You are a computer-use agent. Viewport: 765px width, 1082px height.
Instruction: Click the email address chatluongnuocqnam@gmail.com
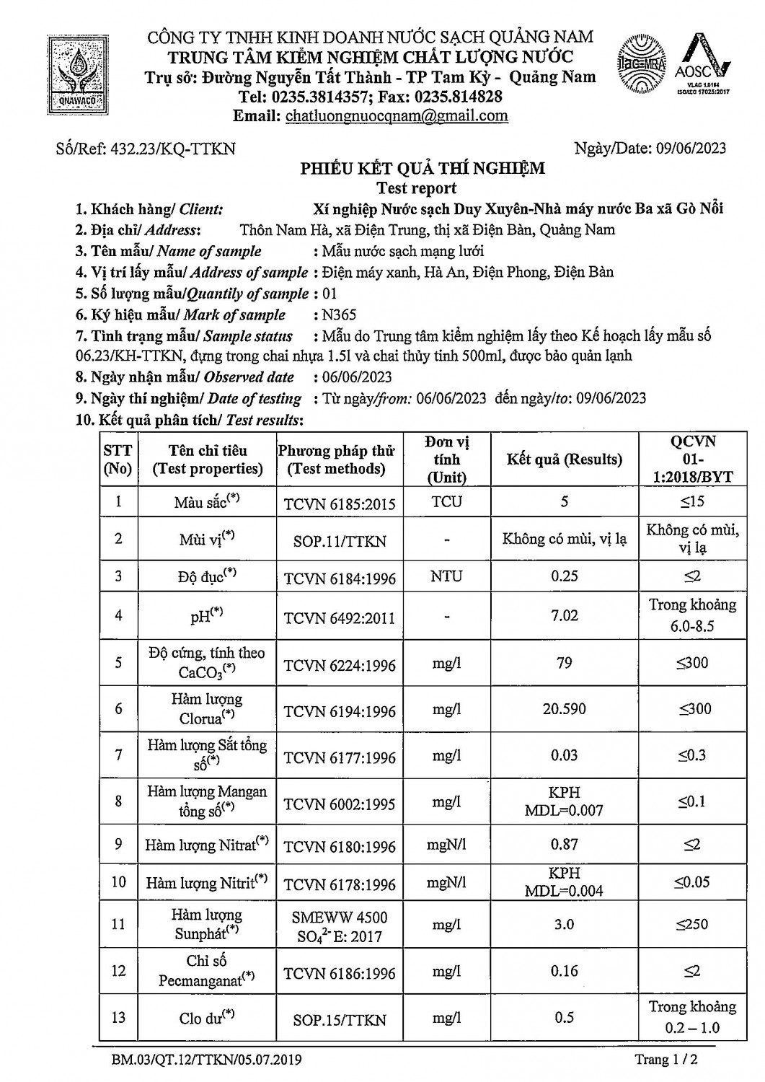coord(397,116)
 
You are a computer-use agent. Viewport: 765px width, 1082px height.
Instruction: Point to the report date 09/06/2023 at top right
coord(691,149)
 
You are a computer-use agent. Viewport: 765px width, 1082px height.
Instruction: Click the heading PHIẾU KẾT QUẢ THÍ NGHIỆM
coord(423,169)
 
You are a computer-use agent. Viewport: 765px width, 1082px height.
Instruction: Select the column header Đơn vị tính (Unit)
coord(447,459)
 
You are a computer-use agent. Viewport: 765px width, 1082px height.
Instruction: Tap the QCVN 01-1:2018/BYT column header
coord(692,459)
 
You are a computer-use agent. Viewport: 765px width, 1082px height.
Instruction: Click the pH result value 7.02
coord(564,615)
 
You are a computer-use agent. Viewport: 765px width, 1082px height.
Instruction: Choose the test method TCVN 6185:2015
coord(340,503)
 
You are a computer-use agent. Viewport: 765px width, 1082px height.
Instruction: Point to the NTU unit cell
coord(447,576)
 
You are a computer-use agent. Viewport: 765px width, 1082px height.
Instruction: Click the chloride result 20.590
coord(564,709)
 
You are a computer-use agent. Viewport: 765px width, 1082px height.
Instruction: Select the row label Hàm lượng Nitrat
coord(207,844)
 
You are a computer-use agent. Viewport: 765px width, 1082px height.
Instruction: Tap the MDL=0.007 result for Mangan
coord(564,810)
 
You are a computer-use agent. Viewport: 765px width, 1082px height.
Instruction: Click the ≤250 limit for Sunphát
coord(691,924)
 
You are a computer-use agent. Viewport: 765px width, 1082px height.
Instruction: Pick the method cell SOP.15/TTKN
coord(340,1020)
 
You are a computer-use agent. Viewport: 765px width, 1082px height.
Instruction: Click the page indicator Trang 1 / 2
coord(666,1059)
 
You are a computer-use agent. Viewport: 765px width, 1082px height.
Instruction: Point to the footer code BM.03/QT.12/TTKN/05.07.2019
coord(207,1060)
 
